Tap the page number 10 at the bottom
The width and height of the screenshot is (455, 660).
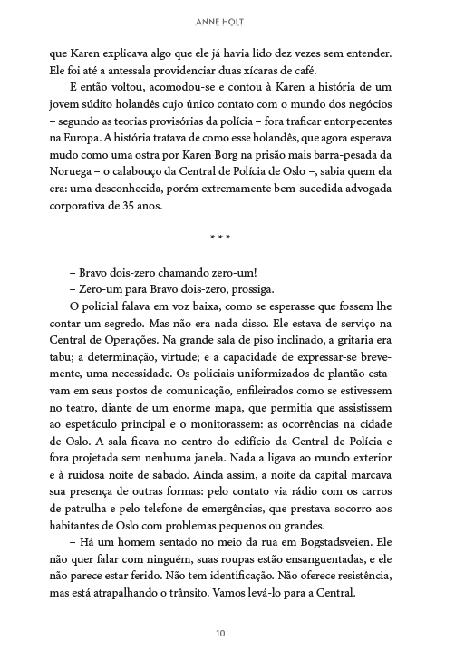pos(227,631)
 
